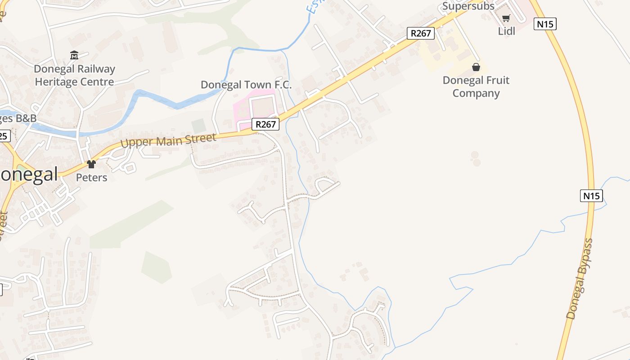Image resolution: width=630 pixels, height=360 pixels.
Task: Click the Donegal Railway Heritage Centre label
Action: click(75, 76)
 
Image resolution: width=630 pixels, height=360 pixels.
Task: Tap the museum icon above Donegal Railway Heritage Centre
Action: click(74, 55)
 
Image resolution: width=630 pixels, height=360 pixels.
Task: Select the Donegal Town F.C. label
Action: click(246, 85)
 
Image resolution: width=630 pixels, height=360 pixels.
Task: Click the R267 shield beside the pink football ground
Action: click(265, 124)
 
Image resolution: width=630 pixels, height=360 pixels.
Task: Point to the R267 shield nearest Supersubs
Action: click(421, 33)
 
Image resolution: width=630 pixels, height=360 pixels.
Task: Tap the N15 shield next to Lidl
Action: click(545, 24)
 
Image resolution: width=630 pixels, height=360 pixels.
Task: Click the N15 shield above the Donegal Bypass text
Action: click(591, 196)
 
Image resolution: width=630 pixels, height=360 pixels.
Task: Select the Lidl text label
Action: click(506, 31)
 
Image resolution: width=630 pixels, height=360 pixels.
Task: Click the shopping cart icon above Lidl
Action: click(506, 18)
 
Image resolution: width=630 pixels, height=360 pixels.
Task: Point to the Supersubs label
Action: click(468, 6)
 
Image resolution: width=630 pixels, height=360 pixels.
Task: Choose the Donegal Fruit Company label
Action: click(476, 87)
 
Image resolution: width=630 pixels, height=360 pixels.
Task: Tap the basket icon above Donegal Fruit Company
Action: click(476, 67)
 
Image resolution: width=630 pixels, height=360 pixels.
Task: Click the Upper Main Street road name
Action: click(168, 140)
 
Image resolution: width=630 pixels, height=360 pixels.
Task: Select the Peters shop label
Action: click(91, 177)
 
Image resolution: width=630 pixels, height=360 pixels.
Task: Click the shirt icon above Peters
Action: click(91, 164)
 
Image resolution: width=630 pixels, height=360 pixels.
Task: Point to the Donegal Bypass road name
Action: click(580, 279)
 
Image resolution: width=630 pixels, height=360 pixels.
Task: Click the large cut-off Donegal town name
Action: click(29, 175)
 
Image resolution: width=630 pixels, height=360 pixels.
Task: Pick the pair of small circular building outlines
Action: click(475, 158)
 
